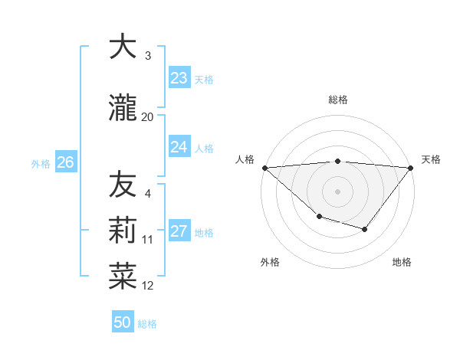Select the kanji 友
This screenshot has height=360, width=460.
[123, 185]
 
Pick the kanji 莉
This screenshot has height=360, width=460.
[123, 230]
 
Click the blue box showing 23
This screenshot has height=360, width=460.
[179, 78]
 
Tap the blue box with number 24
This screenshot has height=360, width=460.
[179, 147]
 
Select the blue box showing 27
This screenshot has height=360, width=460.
[179, 231]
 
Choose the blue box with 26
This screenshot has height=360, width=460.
[65, 162]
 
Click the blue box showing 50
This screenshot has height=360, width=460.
[123, 322]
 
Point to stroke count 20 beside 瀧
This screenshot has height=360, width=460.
[148, 117]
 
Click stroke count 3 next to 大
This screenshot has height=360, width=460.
[148, 56]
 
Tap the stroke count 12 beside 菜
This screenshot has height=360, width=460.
[148, 286]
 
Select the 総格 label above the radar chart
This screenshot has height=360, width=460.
[338, 100]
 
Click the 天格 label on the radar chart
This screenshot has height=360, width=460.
[432, 159]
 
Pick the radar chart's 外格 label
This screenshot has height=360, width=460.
[270, 262]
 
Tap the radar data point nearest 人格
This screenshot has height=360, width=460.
[264, 167]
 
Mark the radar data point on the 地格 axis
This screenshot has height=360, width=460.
[365, 229]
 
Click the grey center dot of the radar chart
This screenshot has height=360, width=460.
[337, 191]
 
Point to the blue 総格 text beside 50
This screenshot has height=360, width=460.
[148, 324]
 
